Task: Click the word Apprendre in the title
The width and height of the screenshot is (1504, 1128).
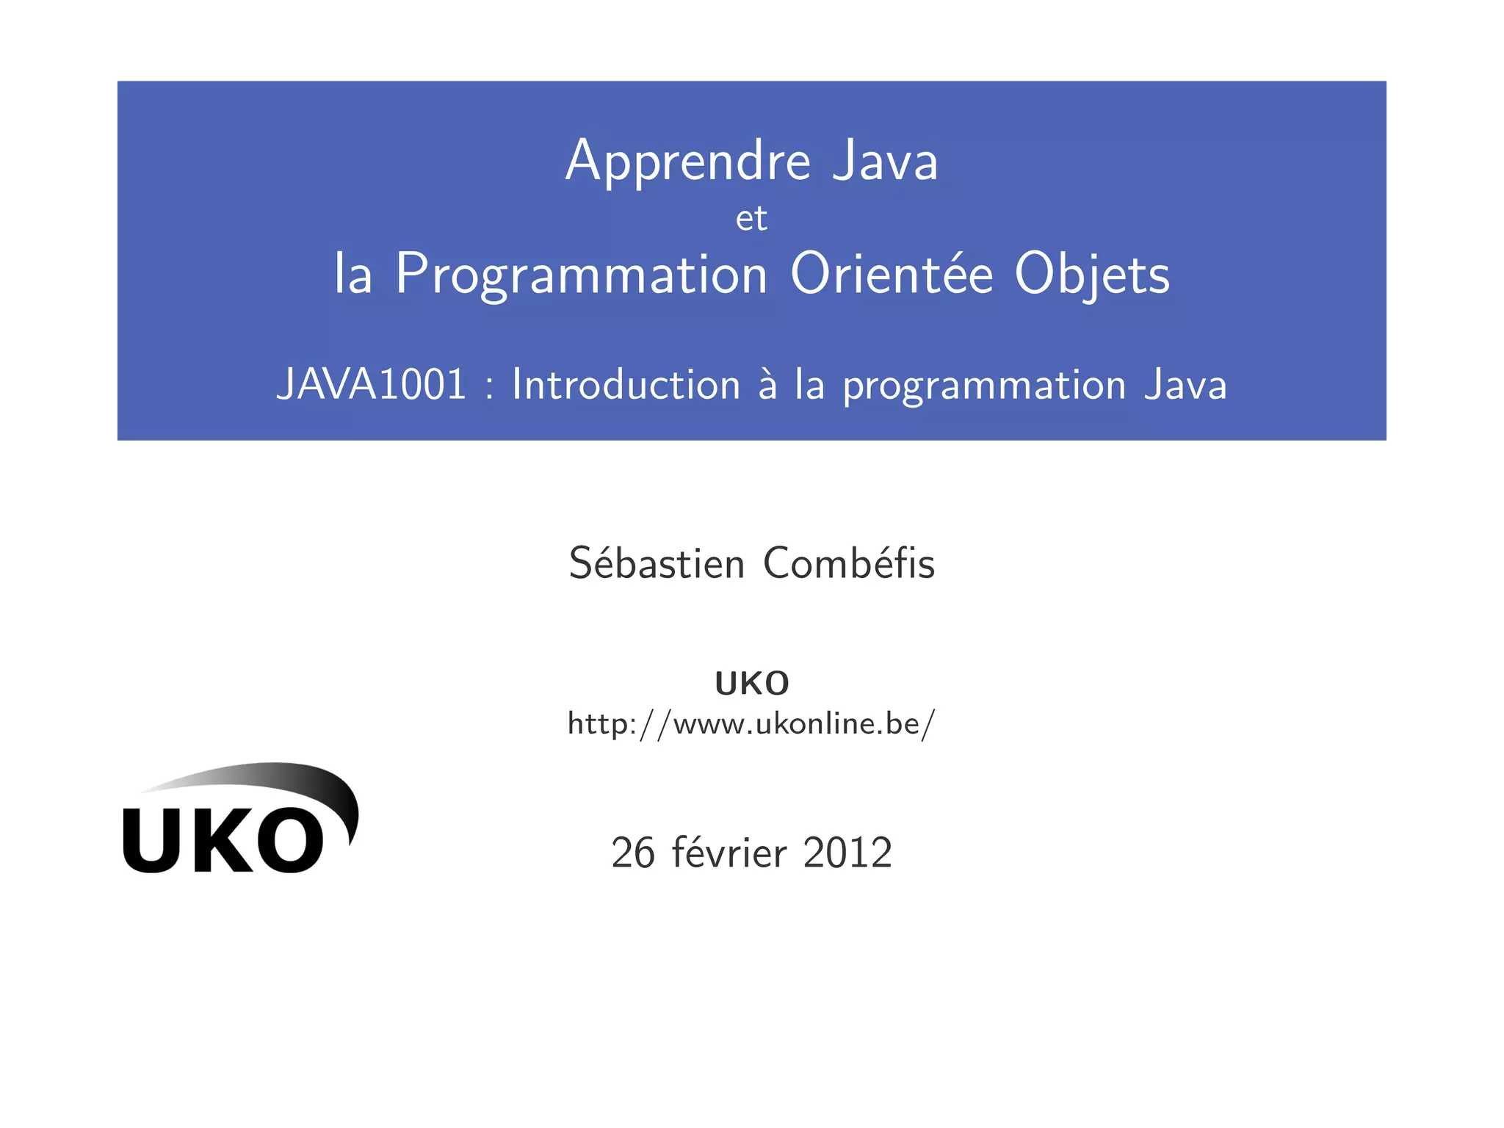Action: (x=688, y=162)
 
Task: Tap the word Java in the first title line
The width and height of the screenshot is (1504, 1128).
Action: (x=885, y=162)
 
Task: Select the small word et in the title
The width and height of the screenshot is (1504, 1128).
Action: (x=751, y=219)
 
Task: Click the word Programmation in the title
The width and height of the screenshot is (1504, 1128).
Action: (x=581, y=275)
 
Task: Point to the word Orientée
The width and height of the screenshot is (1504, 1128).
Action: (x=892, y=275)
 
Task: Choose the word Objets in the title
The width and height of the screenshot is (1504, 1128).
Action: (x=1092, y=275)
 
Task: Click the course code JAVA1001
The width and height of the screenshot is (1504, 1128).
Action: (x=371, y=385)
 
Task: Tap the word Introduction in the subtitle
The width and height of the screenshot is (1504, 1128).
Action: (x=626, y=385)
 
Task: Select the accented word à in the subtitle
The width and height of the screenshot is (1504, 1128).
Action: (x=767, y=385)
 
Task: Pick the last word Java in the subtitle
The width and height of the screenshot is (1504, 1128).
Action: (x=1185, y=385)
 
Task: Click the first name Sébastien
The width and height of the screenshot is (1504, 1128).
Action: (x=657, y=564)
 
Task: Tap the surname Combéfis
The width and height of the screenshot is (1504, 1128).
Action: (x=849, y=564)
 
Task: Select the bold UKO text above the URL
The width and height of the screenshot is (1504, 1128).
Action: (x=751, y=684)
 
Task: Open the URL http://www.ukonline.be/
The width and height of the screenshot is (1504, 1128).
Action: (x=751, y=724)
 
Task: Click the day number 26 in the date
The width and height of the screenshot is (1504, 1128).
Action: (x=632, y=853)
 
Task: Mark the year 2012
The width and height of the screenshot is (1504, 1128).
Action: (x=847, y=853)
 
